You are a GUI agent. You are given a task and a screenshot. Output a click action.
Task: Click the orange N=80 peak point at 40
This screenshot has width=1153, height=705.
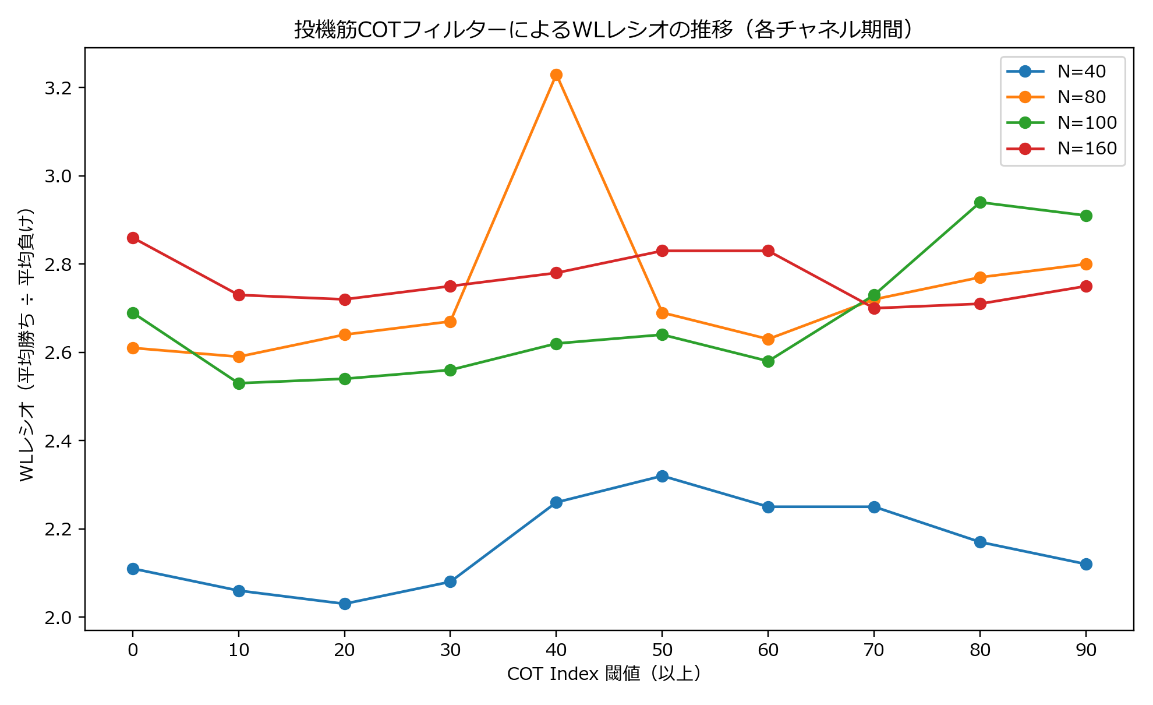(556, 75)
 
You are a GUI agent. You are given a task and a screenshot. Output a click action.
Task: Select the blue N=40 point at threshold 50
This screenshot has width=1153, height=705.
(662, 476)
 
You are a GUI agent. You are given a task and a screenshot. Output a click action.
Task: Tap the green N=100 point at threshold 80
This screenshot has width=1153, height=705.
(980, 202)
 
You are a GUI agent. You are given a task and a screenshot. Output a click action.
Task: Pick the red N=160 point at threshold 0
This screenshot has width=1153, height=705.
(133, 238)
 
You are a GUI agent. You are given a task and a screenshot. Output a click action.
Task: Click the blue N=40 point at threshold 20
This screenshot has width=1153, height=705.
(345, 604)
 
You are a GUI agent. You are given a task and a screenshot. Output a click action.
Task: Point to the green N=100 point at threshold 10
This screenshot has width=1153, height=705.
(239, 383)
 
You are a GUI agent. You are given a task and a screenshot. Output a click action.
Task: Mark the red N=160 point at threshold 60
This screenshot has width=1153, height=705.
(768, 251)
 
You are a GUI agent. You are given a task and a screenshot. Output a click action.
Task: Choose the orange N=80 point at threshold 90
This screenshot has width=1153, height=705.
(1086, 264)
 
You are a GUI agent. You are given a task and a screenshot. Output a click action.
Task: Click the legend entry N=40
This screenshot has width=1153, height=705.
(1081, 71)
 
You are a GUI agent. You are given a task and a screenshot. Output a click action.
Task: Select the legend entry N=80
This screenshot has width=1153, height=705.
(1081, 97)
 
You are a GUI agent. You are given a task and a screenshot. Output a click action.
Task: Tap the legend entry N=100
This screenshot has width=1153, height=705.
(1087, 122)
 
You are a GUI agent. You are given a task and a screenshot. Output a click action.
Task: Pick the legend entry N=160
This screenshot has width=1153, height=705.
(1087, 148)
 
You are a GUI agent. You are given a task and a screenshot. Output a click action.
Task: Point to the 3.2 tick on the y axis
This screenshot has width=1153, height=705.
(58, 88)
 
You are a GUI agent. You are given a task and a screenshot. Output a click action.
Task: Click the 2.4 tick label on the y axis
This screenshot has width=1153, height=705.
(58, 441)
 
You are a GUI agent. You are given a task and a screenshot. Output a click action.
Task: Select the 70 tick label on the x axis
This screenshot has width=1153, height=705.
(874, 650)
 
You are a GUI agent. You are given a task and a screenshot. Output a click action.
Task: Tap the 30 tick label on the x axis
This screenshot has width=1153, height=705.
(450, 650)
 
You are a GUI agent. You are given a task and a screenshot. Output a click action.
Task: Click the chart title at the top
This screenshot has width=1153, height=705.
(603, 29)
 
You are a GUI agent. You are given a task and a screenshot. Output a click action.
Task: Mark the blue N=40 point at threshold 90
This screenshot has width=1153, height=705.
(1086, 564)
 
